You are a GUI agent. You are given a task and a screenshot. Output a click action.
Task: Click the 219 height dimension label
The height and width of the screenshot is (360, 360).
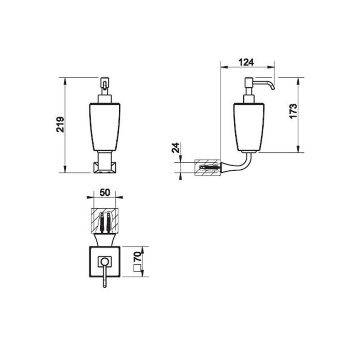(x=61, y=124)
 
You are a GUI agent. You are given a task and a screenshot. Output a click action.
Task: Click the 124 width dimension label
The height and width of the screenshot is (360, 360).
(x=247, y=62)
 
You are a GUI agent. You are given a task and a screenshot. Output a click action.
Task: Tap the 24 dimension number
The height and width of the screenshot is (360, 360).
(x=176, y=149)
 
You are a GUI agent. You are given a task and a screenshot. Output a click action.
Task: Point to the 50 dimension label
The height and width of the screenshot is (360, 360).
(x=104, y=192)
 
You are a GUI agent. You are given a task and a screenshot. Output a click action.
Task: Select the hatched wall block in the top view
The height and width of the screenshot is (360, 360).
(x=105, y=220)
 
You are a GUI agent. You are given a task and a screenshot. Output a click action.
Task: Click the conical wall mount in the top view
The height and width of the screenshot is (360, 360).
(x=105, y=240)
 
